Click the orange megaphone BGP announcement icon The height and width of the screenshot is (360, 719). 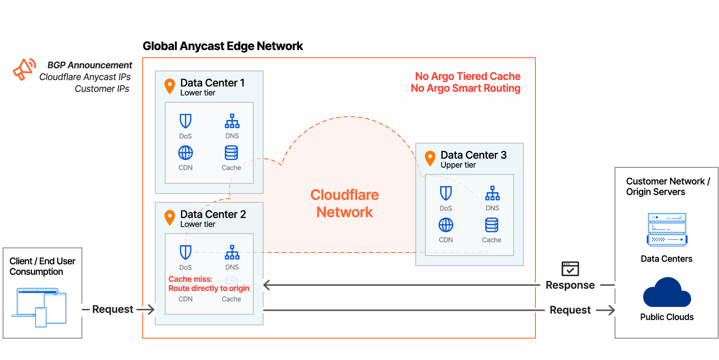tap(24, 69)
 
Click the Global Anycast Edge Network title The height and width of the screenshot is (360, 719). tap(222, 46)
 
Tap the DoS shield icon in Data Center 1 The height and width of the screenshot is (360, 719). tap(185, 121)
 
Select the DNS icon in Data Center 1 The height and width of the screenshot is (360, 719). tap(232, 121)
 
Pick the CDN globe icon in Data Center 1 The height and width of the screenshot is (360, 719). tap(185, 153)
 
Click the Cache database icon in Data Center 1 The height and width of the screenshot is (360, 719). tap(231, 153)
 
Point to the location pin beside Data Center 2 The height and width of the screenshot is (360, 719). tap(170, 217)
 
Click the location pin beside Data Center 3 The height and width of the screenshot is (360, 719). tap(430, 158)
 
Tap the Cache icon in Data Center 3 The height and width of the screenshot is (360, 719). tap(492, 225)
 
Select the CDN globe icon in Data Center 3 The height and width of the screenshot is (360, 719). tap(446, 225)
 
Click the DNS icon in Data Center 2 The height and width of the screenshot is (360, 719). tap(232, 252)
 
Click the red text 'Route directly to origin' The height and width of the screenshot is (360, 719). tap(208, 288)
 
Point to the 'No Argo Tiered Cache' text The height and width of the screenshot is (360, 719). tap(467, 76)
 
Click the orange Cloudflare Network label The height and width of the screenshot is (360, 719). tap(344, 203)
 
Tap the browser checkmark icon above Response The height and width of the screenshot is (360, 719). tap(570, 269)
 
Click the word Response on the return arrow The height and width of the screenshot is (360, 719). tap(570, 285)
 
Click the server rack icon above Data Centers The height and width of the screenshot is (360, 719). tap(667, 229)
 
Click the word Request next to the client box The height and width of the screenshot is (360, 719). tap(112, 309)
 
